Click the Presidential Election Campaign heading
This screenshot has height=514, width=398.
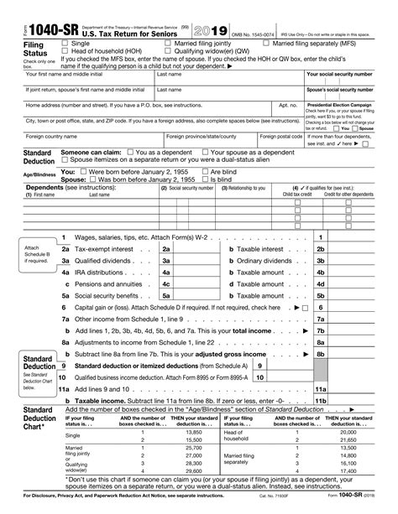point(346,105)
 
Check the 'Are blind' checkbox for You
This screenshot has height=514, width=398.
point(206,171)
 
